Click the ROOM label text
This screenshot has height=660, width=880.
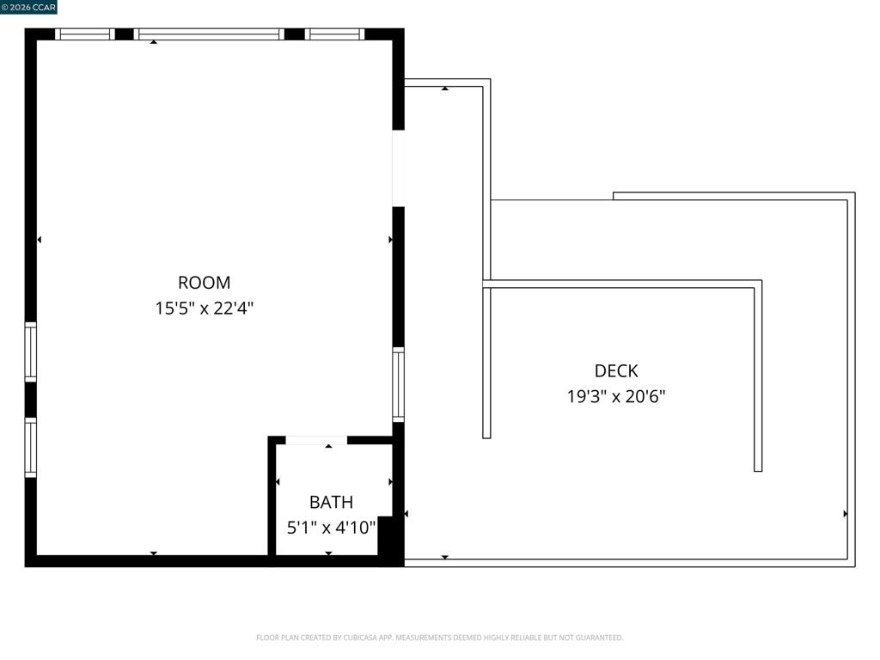pos(205,282)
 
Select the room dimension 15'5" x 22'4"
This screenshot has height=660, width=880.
pos(205,309)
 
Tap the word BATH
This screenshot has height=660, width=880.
pos(331,502)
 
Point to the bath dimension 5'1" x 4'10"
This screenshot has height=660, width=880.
pos(331,528)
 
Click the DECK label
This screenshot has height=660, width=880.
pos(616,371)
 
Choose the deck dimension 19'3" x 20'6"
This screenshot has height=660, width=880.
pos(616,397)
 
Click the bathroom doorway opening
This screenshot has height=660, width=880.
pos(316,440)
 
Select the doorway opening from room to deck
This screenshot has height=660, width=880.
pos(399,168)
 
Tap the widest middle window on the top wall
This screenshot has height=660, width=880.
pos(209,34)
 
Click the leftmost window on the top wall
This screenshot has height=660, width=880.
pos(85,34)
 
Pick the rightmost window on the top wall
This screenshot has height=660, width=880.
pos(334,34)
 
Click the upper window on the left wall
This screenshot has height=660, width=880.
pos(31,351)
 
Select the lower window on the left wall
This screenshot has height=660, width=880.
pos(31,447)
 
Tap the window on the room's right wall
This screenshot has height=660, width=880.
pos(399,384)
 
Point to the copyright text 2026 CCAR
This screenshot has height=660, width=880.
pos(28,7)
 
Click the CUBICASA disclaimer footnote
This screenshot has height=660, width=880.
pos(440,638)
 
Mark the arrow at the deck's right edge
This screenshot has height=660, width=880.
pos(846,514)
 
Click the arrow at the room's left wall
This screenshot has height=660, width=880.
pos(40,240)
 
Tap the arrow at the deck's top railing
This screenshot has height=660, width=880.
pos(445,89)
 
